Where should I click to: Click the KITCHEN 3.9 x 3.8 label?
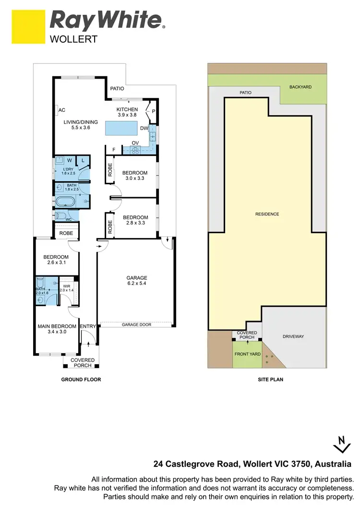[127, 112]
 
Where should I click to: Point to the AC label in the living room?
[62, 110]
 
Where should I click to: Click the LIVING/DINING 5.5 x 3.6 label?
[81, 125]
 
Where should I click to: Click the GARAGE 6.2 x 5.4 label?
[137, 281]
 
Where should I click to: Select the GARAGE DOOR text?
[136, 325]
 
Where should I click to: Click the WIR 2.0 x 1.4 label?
[67, 288]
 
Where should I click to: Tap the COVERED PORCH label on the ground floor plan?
[83, 363]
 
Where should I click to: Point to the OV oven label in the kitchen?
[135, 142]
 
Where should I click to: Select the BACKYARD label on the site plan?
[300, 87]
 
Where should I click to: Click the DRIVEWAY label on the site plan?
[293, 336]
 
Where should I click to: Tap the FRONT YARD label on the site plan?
[247, 354]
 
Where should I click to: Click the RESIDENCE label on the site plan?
[267, 214]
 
